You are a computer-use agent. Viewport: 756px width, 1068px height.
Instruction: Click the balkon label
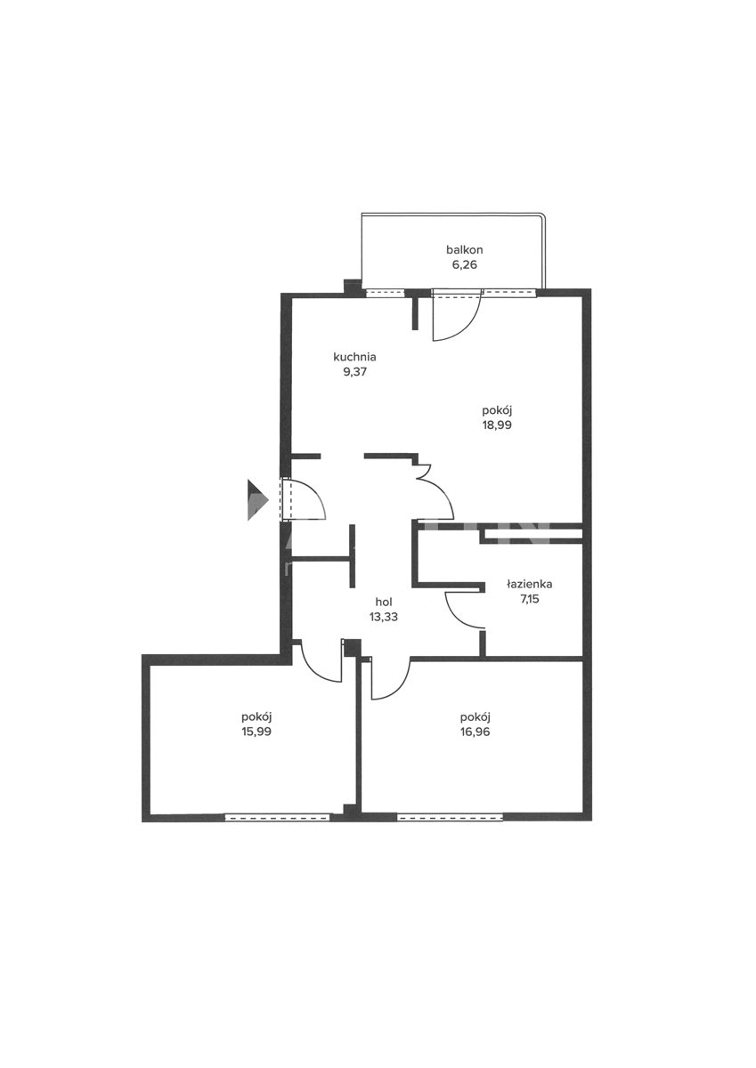[464, 249]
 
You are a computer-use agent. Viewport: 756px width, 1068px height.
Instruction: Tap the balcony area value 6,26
[464, 264]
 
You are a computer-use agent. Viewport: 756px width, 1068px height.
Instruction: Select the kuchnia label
[354, 357]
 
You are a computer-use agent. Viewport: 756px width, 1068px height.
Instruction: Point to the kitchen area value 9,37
[355, 372]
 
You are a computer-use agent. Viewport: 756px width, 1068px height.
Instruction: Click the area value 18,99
[497, 425]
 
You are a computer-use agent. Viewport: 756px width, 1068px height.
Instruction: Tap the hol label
[384, 602]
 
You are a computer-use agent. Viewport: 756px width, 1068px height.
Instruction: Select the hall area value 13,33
[384, 617]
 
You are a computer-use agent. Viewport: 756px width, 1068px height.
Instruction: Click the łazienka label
[529, 584]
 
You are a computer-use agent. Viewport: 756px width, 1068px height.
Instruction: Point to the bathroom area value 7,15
[529, 599]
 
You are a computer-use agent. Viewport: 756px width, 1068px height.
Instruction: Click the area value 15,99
[256, 732]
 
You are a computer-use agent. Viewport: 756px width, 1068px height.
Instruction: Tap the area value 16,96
[476, 732]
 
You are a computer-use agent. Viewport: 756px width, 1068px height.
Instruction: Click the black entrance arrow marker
[257, 500]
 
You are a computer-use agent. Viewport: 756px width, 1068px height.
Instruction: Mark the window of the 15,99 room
[277, 817]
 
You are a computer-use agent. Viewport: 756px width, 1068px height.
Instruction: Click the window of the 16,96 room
[450, 817]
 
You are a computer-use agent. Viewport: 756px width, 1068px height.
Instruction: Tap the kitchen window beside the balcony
[385, 293]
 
